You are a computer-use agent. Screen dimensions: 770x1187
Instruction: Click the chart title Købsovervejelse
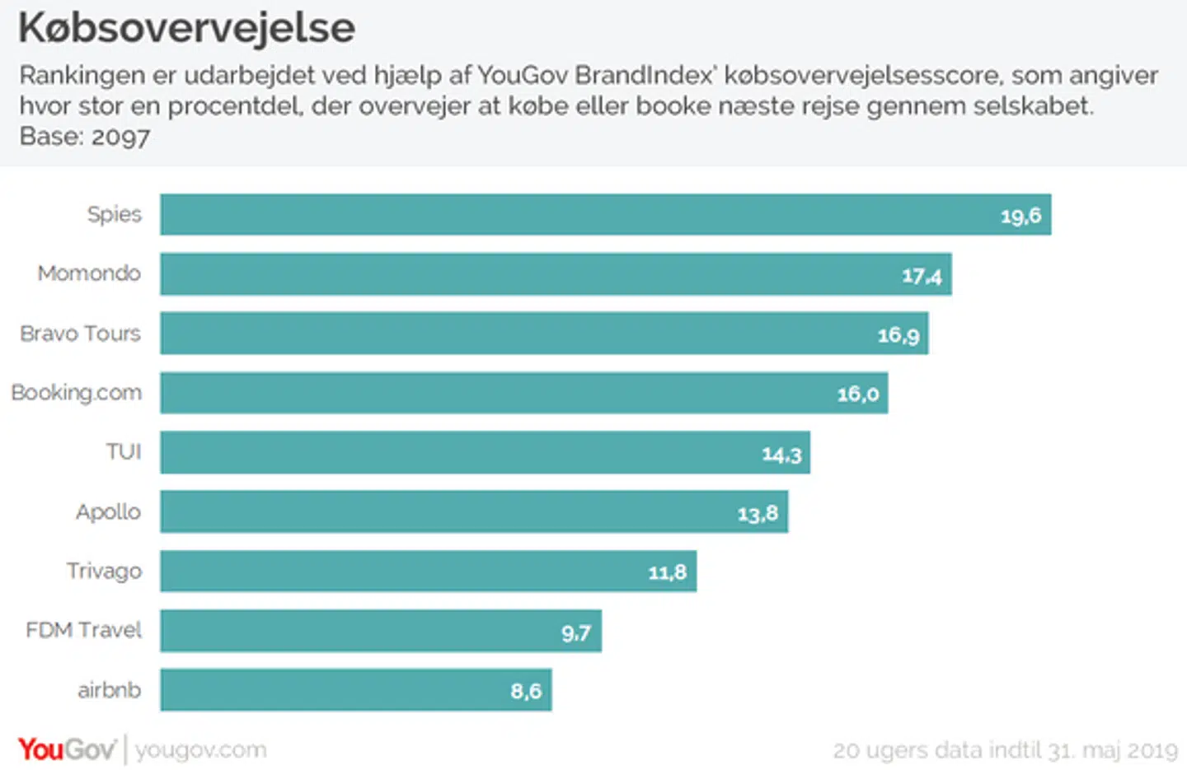click(187, 28)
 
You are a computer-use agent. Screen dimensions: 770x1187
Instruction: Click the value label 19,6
click(1020, 217)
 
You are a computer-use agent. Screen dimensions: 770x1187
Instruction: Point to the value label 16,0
click(858, 394)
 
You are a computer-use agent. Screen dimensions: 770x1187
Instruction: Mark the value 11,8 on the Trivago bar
click(667, 572)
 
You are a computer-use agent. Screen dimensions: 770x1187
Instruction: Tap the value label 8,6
click(526, 691)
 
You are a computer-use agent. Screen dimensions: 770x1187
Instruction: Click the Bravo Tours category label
click(80, 334)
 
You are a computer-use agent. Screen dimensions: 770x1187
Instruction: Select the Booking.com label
click(76, 393)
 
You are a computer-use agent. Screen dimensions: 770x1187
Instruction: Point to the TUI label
click(124, 452)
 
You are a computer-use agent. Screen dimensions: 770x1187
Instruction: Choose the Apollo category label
click(108, 512)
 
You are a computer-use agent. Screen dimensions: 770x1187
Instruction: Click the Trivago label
click(104, 572)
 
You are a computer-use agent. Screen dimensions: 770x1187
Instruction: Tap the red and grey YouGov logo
click(66, 749)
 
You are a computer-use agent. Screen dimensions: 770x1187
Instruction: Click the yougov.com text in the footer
click(201, 750)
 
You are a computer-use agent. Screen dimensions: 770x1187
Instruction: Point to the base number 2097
click(120, 137)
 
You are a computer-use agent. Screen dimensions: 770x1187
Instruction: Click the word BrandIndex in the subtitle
click(644, 76)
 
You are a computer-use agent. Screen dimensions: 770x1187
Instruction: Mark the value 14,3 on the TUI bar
click(781, 455)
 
